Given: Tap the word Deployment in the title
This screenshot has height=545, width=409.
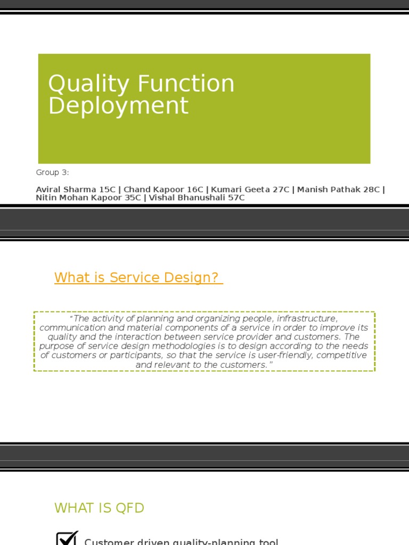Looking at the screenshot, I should pyautogui.click(x=118, y=105).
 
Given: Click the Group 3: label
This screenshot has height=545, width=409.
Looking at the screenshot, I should pyautogui.click(x=53, y=172).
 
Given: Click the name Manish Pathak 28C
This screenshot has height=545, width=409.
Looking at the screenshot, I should pyautogui.click(x=339, y=189).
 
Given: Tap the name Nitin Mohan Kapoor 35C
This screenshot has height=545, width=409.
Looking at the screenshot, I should pyautogui.click(x=88, y=198).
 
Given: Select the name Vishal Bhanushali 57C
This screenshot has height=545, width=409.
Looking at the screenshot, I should pyautogui.click(x=197, y=198).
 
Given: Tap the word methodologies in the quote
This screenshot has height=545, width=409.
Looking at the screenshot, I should pyautogui.click(x=178, y=346).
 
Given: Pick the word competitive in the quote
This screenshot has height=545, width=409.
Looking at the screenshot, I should pyautogui.click(x=341, y=355).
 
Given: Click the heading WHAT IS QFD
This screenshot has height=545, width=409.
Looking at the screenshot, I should pyautogui.click(x=99, y=508).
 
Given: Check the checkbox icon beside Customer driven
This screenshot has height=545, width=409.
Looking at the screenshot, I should pyautogui.click(x=67, y=539).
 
